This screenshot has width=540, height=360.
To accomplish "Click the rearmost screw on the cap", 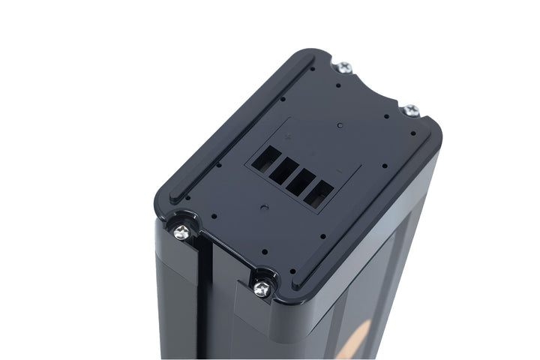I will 346,68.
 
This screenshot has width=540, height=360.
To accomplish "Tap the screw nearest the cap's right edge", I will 411,111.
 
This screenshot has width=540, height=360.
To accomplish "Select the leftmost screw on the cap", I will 181,232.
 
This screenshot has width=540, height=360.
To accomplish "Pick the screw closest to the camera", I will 262,288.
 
